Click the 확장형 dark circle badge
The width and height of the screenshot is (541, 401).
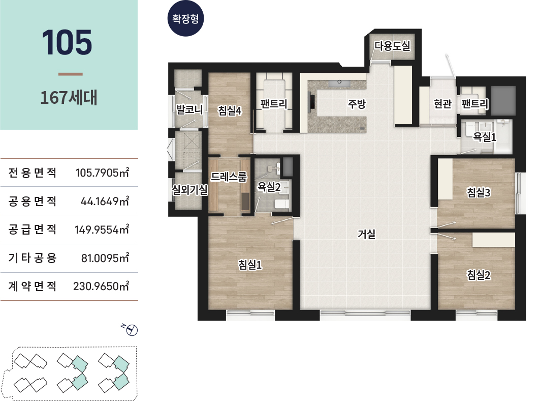(185, 18)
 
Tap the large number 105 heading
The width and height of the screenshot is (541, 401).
(67, 43)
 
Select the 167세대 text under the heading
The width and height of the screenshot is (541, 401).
(69, 98)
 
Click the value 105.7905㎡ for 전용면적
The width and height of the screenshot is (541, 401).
(102, 172)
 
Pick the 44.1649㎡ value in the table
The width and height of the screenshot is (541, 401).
(105, 201)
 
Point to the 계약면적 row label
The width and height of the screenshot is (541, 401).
(33, 286)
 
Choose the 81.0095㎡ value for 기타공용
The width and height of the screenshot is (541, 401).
(105, 258)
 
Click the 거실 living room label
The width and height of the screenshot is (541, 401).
(366, 234)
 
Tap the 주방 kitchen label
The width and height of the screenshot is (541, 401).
(357, 104)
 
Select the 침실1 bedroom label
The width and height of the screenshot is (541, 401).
(250, 265)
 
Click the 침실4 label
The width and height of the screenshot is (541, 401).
(230, 110)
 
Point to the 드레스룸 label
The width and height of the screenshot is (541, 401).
(229, 177)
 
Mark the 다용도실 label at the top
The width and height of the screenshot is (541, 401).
(392, 45)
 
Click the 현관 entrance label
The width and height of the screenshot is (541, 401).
(442, 104)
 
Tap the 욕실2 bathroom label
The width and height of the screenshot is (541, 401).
(269, 187)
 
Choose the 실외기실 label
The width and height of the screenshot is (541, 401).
(190, 189)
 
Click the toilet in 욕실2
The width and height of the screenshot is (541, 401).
(282, 203)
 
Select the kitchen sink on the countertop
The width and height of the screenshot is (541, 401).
(339, 82)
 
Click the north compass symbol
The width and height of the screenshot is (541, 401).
(132, 330)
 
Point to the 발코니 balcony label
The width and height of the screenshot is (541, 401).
(189, 109)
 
